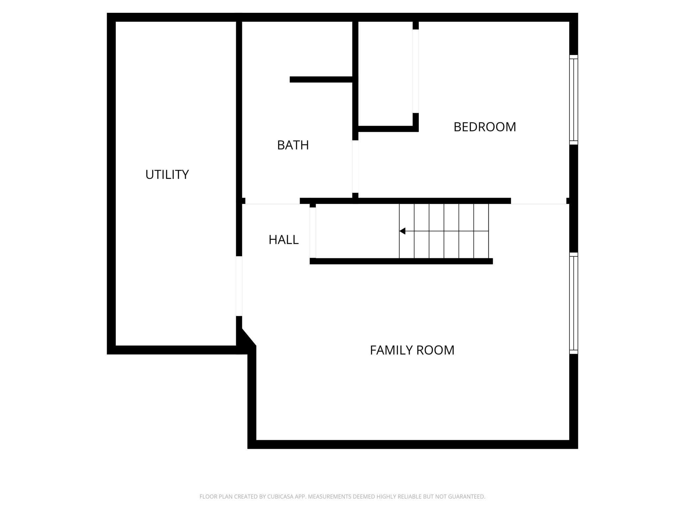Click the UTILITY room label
click(x=167, y=174)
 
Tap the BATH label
click(x=293, y=145)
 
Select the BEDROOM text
click(x=484, y=127)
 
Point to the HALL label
click(x=284, y=240)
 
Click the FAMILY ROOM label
click(x=412, y=350)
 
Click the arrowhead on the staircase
click(x=402, y=231)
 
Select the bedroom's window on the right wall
click(x=573, y=100)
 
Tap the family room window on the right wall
click(x=573, y=303)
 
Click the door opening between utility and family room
click(x=239, y=286)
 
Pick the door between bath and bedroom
click(x=355, y=166)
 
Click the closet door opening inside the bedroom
click(x=416, y=71)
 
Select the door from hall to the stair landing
click(x=313, y=233)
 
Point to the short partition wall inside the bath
click(x=321, y=79)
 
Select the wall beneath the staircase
click(x=401, y=261)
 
